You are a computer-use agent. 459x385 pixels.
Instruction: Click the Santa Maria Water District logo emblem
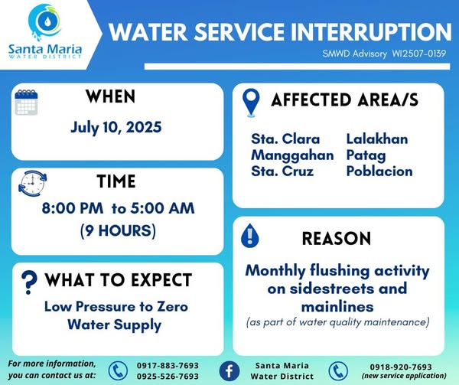pyautogui.click(x=45, y=22)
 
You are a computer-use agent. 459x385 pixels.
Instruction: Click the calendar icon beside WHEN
pyautogui.click(x=26, y=102)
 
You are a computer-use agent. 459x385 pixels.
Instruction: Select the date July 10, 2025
pyautogui.click(x=116, y=127)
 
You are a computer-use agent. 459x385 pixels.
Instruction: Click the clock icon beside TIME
pyautogui.click(x=32, y=184)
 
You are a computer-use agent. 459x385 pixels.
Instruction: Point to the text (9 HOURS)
pyautogui.click(x=118, y=230)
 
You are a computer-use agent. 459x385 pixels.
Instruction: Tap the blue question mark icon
pyautogui.click(x=29, y=282)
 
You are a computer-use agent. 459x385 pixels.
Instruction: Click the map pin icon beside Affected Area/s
pyautogui.click(x=251, y=103)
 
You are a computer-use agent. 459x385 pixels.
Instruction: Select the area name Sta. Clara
pyautogui.click(x=285, y=139)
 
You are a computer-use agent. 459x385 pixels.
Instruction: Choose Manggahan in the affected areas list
pyautogui.click(x=292, y=155)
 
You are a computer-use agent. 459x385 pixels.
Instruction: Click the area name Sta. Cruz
pyautogui.click(x=282, y=171)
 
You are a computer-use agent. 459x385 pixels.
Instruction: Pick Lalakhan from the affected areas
pyautogui.click(x=377, y=139)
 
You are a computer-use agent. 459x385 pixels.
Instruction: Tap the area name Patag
pyautogui.click(x=366, y=155)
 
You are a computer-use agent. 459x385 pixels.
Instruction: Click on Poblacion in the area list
pyautogui.click(x=379, y=171)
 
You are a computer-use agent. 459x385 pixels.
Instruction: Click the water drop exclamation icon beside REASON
pyautogui.click(x=249, y=236)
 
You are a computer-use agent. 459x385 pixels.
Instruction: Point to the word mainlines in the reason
pyautogui.click(x=337, y=307)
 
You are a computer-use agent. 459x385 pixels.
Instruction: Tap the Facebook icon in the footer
pyautogui.click(x=229, y=371)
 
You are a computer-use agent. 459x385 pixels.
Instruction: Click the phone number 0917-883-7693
pyautogui.click(x=168, y=366)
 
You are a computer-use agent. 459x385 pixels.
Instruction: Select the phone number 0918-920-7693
pyautogui.click(x=401, y=367)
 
